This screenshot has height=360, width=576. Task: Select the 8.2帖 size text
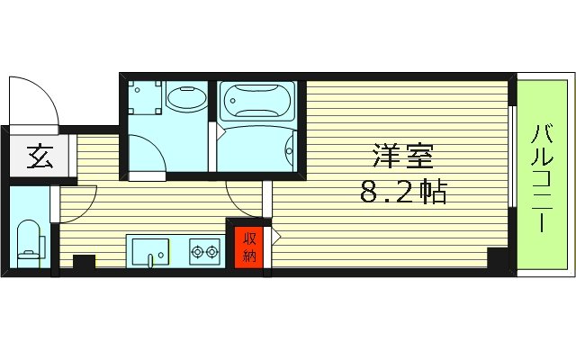[402, 192]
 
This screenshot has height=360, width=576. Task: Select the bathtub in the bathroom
[258, 104]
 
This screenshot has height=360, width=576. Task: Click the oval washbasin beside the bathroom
[186, 100]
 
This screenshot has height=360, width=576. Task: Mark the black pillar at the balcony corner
[497, 257]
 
